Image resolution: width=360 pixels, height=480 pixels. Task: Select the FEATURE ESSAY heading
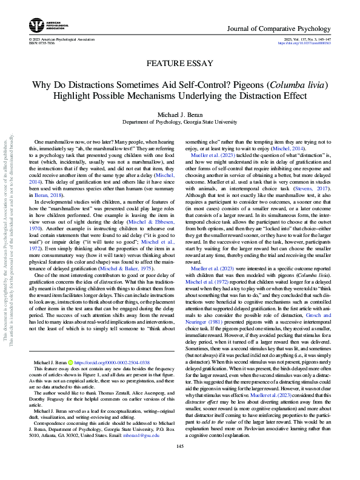click(x=179, y=63)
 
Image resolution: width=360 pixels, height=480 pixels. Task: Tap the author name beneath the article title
click(x=180, y=115)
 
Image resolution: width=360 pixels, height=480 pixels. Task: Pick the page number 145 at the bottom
click(x=179, y=463)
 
